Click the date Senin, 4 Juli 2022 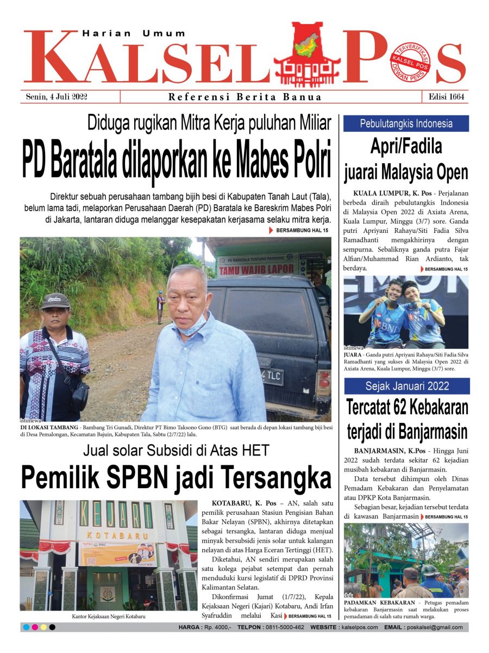point(57,97)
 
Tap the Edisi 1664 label point(445,97)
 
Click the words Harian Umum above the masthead point(134,34)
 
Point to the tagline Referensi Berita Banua point(244,97)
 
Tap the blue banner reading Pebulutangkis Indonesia point(406,124)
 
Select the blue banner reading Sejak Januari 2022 point(406,386)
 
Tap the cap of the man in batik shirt point(55,300)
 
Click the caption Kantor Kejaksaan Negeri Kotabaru point(109,617)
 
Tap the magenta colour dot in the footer point(35,627)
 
